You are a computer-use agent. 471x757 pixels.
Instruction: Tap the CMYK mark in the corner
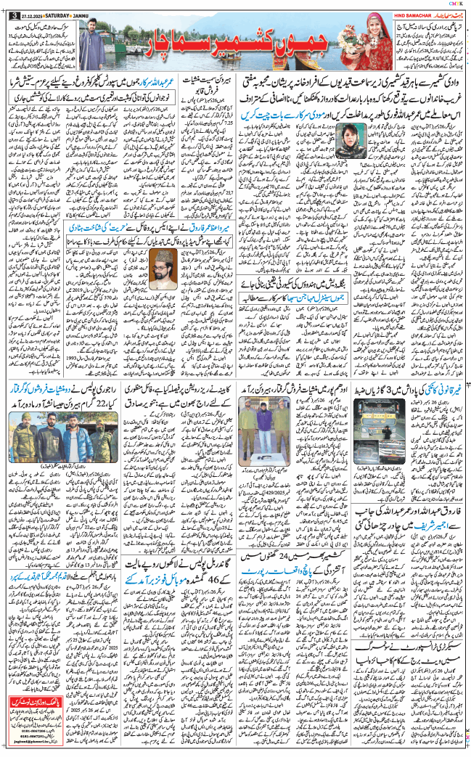pos(459,4)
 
